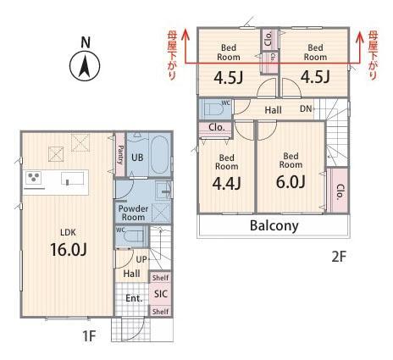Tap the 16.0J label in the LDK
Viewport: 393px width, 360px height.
69,249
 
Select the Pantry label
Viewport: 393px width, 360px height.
120,155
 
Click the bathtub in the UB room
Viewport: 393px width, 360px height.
159,155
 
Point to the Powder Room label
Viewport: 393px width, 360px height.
133,213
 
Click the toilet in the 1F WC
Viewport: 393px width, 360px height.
133,237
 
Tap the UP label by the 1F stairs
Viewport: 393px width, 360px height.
141,259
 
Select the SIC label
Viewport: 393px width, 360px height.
161,294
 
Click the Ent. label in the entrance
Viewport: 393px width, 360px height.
134,298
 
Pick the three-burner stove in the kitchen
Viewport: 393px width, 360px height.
34,178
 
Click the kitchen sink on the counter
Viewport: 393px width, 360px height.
73,178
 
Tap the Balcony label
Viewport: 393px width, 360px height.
274,226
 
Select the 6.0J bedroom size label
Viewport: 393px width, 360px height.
291,181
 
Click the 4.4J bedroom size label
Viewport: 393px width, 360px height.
227,183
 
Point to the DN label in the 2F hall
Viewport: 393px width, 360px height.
306,108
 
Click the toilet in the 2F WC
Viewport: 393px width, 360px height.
214,109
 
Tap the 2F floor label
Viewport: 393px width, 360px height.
339,257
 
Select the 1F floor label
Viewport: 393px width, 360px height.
89,336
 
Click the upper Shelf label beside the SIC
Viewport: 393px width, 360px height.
161,278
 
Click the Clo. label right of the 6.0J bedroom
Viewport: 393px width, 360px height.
340,192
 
